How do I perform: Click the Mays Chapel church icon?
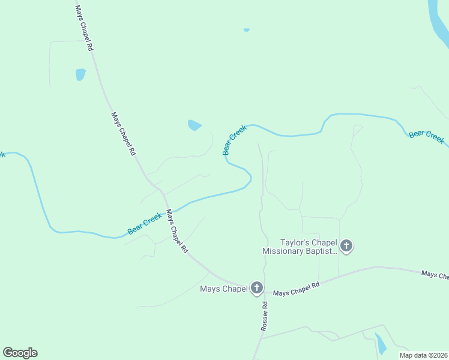[256, 289]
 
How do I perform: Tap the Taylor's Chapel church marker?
[346, 245]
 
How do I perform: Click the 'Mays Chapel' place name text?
[224, 289]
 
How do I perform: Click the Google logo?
[20, 353]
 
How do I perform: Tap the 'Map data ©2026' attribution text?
[423, 355]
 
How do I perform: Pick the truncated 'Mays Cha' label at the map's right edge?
[435, 275]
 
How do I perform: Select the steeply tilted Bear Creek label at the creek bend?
[235, 140]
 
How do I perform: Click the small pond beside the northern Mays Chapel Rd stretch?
[80, 74]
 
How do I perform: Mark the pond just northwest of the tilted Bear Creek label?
[194, 125]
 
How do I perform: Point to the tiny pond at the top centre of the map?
[246, 29]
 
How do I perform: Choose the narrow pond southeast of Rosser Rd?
[381, 344]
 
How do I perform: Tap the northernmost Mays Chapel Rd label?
[83, 28]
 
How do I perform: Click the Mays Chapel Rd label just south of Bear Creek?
[177, 232]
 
